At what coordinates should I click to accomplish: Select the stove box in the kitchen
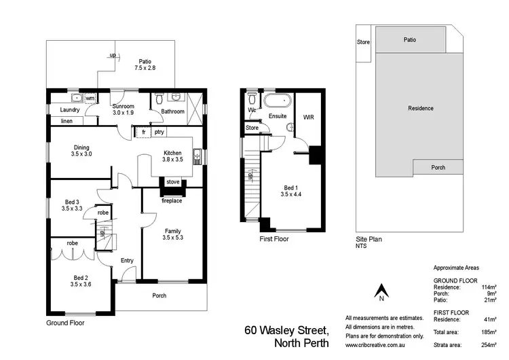tap(172, 182)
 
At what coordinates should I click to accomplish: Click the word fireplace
tap(172, 200)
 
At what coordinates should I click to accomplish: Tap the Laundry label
tap(70, 110)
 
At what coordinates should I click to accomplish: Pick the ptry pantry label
tap(159, 132)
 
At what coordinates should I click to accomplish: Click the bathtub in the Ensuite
tap(276, 103)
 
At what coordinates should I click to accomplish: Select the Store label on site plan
tap(364, 42)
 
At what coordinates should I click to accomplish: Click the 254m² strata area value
tap(487, 344)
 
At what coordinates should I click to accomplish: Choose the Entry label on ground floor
tap(127, 260)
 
